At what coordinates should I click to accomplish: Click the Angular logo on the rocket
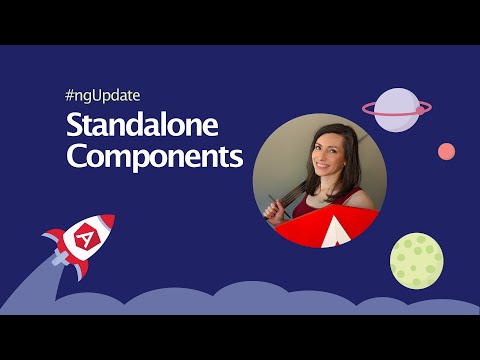86,238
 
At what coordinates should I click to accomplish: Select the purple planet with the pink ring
397,108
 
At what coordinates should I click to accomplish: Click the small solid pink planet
446,151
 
